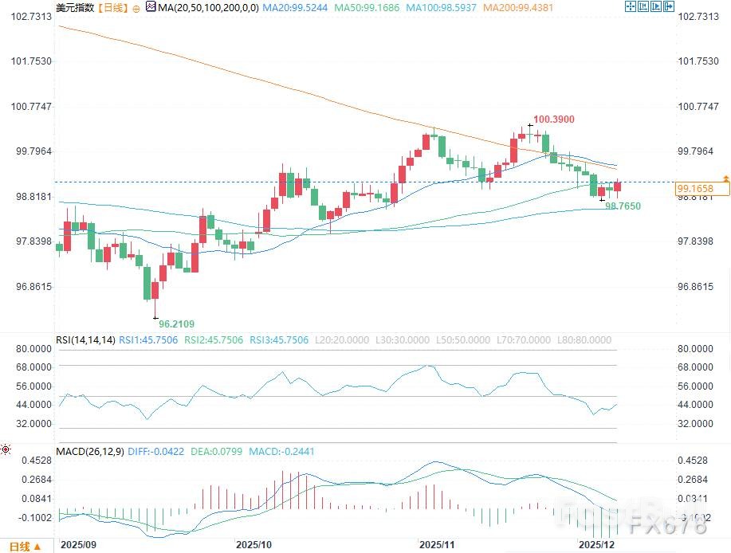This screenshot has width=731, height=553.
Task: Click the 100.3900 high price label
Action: (553, 120)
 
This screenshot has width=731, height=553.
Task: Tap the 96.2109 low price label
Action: (176, 324)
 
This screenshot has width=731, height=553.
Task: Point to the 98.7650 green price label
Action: (623, 206)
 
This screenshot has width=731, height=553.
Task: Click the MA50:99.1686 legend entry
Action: (368, 7)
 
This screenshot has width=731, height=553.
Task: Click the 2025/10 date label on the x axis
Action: (254, 543)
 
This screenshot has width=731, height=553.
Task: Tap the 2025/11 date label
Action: (438, 543)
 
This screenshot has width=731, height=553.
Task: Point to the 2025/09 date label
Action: (77, 543)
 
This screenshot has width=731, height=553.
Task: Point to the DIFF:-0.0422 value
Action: (155, 452)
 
